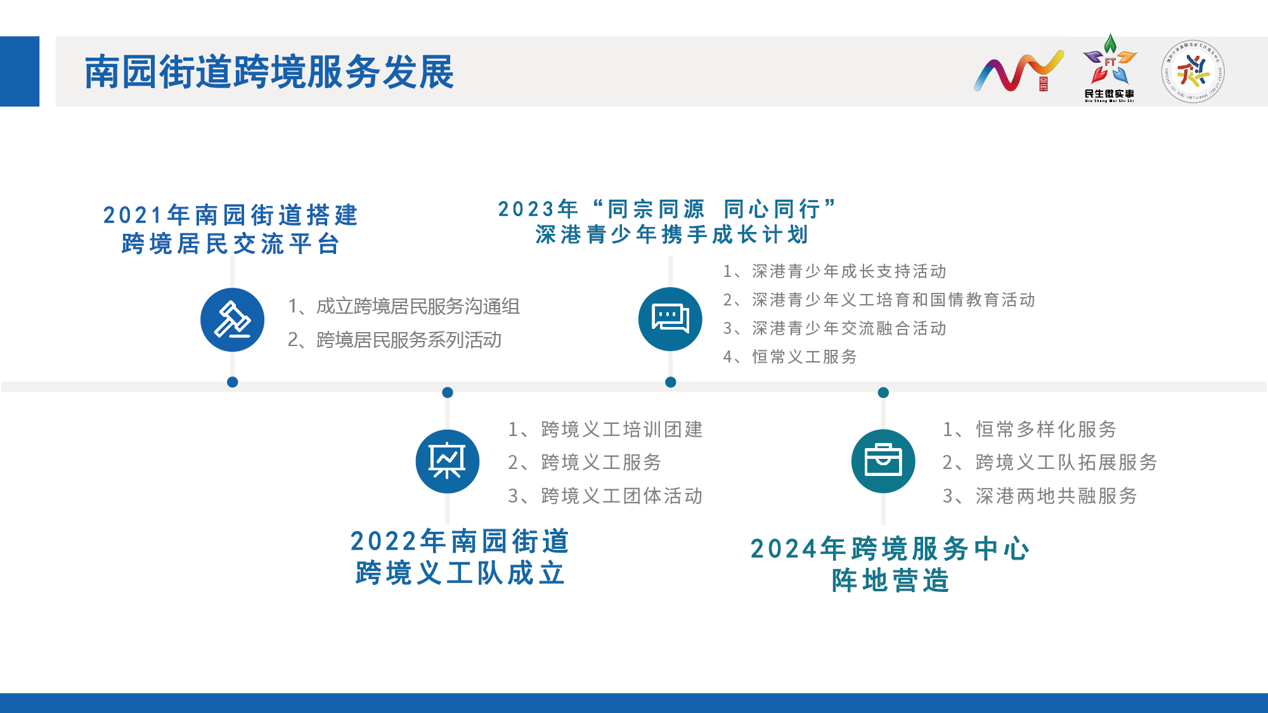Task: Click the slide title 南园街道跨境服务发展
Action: coord(269,72)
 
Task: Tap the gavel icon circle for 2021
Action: coord(232,320)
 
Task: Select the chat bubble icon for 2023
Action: coord(670,319)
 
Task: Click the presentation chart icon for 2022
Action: coord(448,461)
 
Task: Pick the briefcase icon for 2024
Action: coord(883,461)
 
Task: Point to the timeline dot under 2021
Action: coord(233,382)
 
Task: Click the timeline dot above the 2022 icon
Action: coord(448,392)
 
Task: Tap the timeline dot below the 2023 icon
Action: coord(671,382)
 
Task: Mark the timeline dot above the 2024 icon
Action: coord(883,392)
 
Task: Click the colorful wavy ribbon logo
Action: coord(1019,71)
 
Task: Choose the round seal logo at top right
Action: coord(1193,72)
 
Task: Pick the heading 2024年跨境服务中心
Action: coord(890,549)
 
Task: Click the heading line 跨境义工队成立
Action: coord(460,573)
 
